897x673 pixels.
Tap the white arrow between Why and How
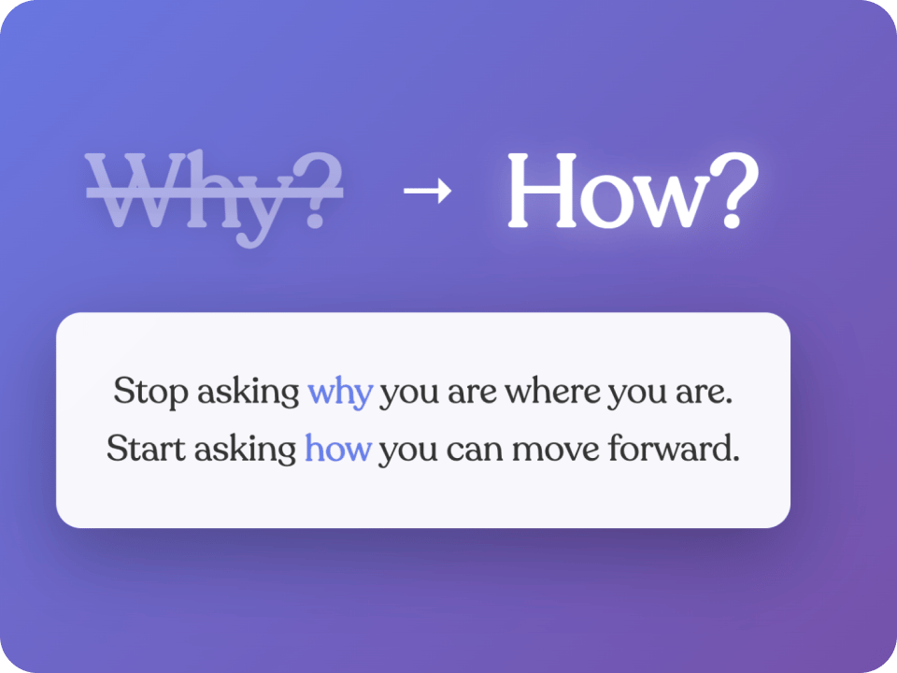427,190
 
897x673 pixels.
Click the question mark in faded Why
318,191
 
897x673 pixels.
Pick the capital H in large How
542,191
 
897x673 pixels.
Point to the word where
552,392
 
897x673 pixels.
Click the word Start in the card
147,448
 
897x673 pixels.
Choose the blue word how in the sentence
338,448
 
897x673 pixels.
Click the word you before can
408,453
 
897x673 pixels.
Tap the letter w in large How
663,202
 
